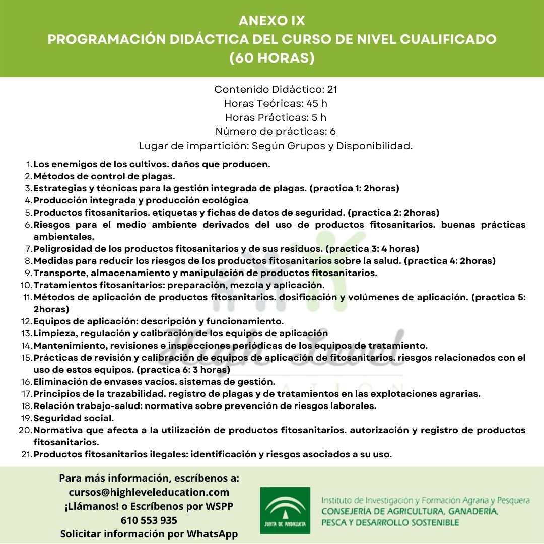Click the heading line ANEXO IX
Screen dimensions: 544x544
272,21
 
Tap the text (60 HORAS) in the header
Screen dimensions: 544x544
272,58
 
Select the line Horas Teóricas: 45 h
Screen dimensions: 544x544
276,103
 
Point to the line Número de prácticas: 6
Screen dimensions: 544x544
276,131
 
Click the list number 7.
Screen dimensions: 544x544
28,249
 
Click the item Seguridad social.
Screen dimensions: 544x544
74,418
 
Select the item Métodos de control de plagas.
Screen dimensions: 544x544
104,176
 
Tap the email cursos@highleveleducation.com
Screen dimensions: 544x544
149,492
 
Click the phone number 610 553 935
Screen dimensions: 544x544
149,520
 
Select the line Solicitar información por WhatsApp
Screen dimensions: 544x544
149,534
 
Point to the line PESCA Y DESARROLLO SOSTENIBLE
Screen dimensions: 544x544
390,522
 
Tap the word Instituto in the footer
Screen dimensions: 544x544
336,501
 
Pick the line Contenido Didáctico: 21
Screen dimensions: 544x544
276,89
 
